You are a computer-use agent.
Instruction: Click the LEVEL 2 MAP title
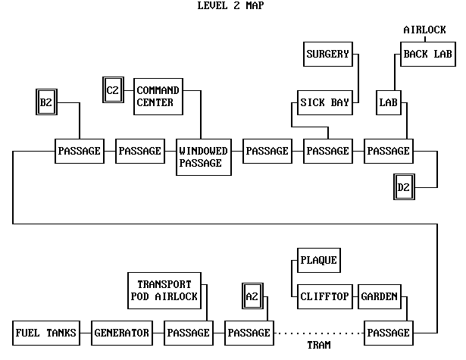click(x=230, y=6)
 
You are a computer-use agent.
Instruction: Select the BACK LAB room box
click(x=427, y=54)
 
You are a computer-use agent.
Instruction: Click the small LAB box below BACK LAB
click(x=389, y=102)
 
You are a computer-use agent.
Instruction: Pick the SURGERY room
click(x=327, y=55)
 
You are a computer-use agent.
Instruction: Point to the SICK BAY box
click(x=324, y=102)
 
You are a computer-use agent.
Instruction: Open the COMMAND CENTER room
click(x=158, y=96)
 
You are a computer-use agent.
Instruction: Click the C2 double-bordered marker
click(x=113, y=90)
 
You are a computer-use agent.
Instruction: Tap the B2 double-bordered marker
click(x=46, y=102)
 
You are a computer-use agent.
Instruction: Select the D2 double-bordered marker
click(x=404, y=186)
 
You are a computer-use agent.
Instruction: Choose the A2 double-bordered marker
click(x=252, y=296)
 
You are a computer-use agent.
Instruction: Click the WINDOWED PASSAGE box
click(x=203, y=157)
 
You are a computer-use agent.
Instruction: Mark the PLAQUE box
click(x=317, y=260)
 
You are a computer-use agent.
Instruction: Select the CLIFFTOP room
click(x=324, y=296)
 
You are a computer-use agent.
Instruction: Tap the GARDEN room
click(x=379, y=296)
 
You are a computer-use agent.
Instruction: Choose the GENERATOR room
click(x=121, y=333)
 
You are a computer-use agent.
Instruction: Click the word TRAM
click(x=319, y=345)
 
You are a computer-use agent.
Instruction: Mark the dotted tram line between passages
click(x=318, y=333)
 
